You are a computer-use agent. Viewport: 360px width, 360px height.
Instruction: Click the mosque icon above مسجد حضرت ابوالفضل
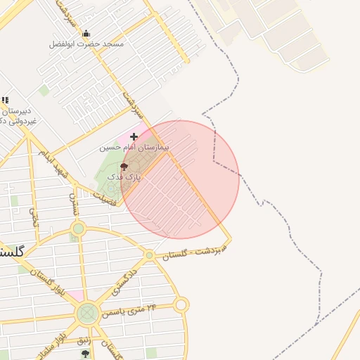click(86, 33)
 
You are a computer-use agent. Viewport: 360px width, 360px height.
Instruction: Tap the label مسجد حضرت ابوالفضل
click(86, 44)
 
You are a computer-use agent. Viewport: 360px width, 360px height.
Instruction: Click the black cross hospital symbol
click(134, 136)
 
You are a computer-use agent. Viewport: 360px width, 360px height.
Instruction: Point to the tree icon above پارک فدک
click(124, 167)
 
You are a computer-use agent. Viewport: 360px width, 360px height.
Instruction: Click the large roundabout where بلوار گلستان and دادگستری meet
click(88, 313)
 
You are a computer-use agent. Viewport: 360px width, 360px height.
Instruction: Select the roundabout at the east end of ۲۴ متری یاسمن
click(181, 304)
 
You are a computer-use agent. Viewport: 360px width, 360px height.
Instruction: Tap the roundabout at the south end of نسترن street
click(78, 229)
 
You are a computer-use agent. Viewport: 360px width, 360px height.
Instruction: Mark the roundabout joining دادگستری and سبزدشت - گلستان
click(149, 255)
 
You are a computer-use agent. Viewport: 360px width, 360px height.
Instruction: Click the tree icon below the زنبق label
click(85, 354)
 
